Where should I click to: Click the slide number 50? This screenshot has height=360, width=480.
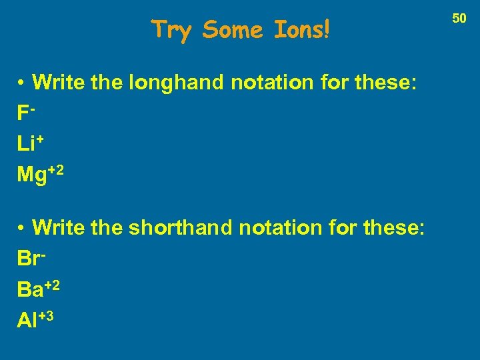pos(459,19)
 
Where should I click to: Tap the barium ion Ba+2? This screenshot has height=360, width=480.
pos(40,289)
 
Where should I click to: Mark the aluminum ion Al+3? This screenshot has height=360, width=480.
pos(35,319)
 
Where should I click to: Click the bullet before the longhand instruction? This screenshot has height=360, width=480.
pos(22,83)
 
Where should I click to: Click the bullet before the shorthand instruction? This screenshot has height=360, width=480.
pos(22,229)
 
